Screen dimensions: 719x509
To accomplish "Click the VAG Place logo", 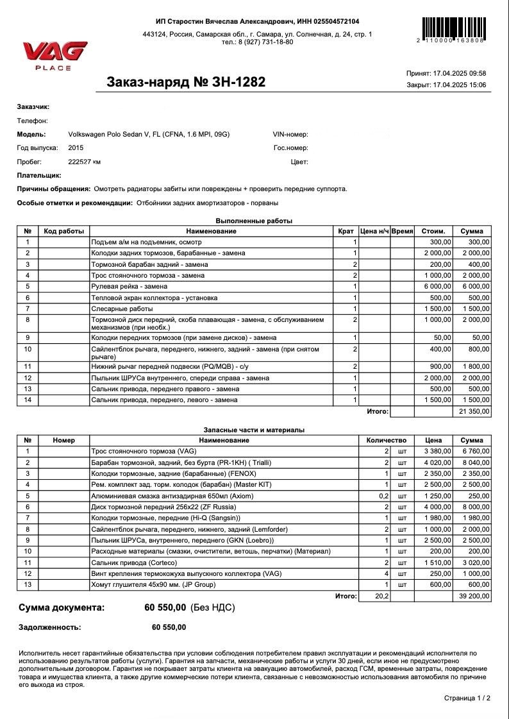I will coord(54,55).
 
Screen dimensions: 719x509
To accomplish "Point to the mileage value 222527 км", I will coord(85,162).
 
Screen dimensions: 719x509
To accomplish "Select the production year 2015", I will coord(76,148).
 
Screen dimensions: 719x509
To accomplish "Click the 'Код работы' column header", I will coord(64,231).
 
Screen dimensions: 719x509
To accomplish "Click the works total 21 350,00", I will coord(474,411).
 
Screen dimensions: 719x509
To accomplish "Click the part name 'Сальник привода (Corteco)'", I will coord(132,562).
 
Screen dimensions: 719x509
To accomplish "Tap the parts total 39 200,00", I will coord(474,596).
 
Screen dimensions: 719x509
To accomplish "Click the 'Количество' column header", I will coord(386,441).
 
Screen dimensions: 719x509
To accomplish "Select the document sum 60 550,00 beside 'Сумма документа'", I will coord(165,607).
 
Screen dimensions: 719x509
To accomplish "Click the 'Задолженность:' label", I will coord(50,627).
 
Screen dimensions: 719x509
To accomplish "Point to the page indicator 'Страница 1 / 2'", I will coord(467,698).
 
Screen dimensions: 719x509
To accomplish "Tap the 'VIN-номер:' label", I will coord(290,134).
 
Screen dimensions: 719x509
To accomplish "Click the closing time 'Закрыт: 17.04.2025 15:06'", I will coord(446,85).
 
